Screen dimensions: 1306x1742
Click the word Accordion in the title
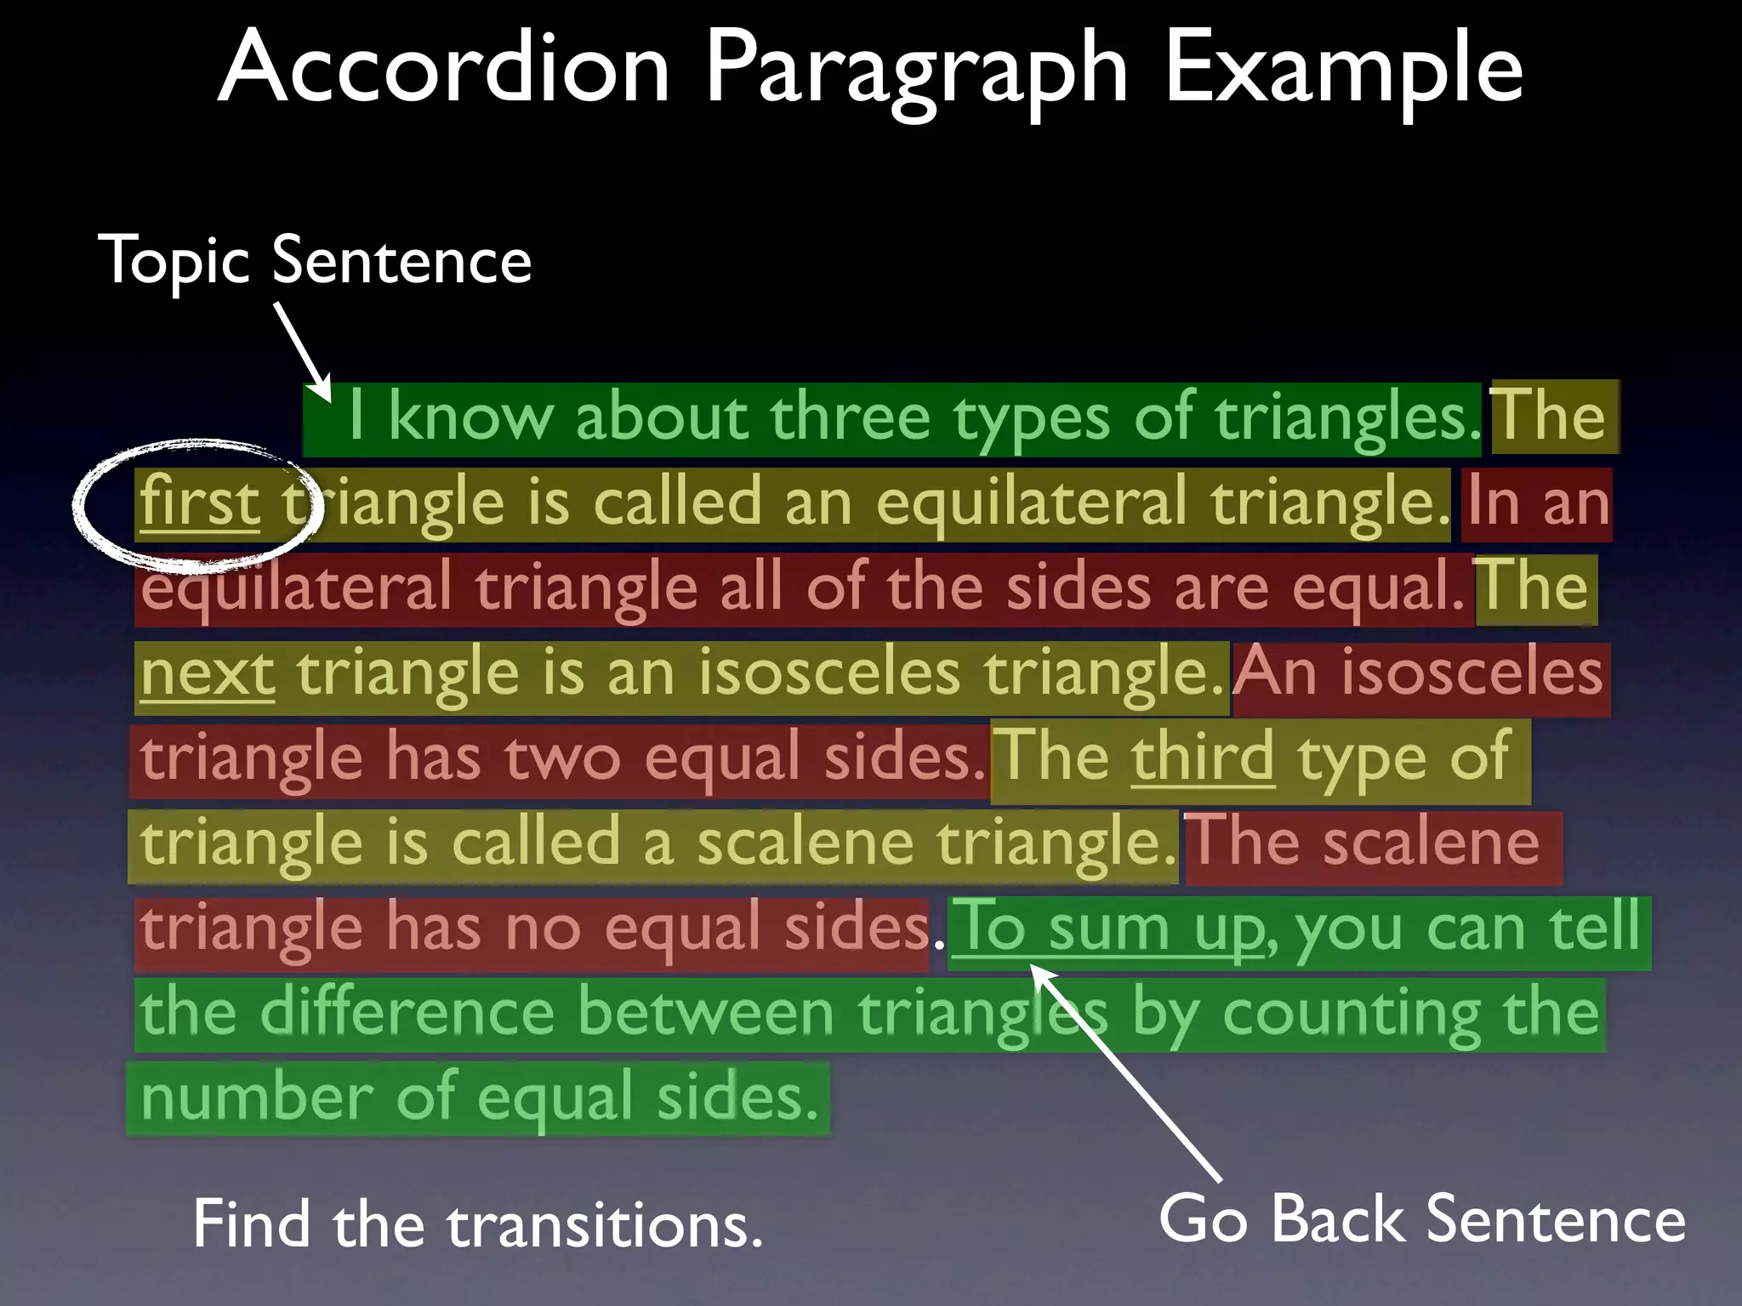point(443,68)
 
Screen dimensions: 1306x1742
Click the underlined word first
point(200,503)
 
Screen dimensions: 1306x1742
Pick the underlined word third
point(1202,756)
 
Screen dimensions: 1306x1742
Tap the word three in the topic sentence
point(850,417)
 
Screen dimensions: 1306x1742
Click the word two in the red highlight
point(562,758)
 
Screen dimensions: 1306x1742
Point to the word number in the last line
point(256,1098)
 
